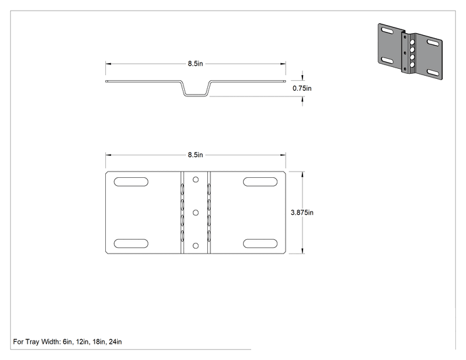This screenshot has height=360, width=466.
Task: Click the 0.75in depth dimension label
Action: (302, 88)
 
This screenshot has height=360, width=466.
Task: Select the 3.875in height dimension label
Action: (302, 212)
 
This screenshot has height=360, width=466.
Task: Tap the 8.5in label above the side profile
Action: (195, 64)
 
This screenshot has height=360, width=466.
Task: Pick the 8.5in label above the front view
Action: (195, 155)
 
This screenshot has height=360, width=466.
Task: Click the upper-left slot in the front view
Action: (131, 182)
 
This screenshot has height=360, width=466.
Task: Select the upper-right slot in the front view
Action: (260, 182)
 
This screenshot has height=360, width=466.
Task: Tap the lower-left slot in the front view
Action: (131, 244)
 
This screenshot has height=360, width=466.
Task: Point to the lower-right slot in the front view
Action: (260, 244)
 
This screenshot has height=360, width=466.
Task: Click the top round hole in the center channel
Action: (195, 180)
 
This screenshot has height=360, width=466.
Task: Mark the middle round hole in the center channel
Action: (195, 212)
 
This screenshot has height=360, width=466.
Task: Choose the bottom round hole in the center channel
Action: (195, 245)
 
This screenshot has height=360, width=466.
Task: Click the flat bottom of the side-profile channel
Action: (195, 95)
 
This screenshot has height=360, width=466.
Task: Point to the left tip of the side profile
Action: (106, 81)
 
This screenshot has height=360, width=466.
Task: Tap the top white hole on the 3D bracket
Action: (412, 43)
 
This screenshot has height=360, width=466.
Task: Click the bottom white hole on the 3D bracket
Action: (412, 64)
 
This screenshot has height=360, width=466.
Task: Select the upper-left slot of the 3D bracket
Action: (388, 31)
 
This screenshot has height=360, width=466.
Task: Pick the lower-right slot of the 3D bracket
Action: (433, 72)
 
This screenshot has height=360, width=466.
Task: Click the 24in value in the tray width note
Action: (115, 342)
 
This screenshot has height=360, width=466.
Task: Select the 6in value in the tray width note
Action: (68, 342)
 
